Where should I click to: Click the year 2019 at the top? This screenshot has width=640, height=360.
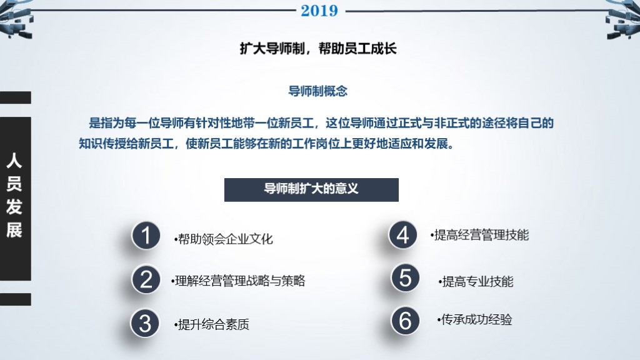tap(319, 11)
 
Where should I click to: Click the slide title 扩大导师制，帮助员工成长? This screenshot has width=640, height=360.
tap(318, 49)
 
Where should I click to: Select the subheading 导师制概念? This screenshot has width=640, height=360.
tap(317, 91)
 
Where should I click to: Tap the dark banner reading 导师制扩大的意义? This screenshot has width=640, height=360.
tap(311, 189)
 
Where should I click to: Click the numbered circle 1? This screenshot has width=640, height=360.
tap(146, 236)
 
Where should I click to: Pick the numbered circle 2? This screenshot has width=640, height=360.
tap(146, 279)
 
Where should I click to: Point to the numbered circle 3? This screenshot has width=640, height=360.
tap(145, 322)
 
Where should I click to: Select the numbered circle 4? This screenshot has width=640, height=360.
tap(403, 235)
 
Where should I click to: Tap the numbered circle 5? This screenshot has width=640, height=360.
tap(406, 278)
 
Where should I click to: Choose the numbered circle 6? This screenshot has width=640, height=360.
tap(406, 321)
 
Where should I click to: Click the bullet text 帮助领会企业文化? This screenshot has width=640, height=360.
tap(224, 239)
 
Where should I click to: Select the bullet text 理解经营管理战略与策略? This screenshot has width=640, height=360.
tap(238, 281)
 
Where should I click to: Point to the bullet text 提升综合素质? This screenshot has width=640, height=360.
tap(212, 324)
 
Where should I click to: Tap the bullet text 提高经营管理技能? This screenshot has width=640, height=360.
tap(480, 235)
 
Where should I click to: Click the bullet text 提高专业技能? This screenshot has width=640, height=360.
tap(476, 281)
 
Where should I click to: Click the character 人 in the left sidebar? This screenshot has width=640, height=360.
tap(14, 161)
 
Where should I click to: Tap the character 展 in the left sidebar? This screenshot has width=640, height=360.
tap(14, 230)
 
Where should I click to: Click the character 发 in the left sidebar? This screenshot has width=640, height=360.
tap(14, 207)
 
